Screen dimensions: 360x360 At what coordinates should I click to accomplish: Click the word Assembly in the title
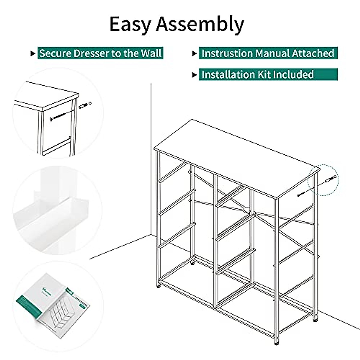click(200, 25)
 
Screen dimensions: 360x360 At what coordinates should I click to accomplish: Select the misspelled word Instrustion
click(227, 53)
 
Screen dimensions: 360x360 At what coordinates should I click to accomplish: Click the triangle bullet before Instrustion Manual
click(194, 54)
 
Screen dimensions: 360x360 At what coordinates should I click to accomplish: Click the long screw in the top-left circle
click(61, 116)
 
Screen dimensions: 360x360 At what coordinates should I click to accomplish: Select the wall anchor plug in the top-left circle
click(85, 105)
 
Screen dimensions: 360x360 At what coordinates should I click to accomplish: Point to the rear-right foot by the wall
click(315, 320)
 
